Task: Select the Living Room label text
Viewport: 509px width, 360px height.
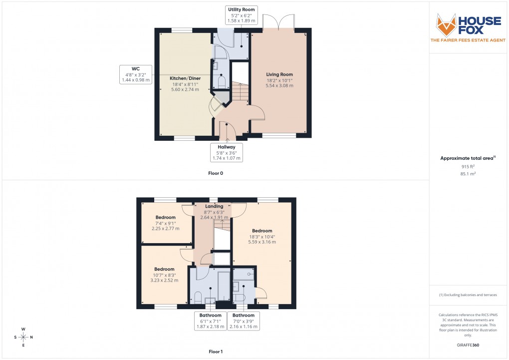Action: coord(279,74)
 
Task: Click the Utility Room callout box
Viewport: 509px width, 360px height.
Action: coord(242,15)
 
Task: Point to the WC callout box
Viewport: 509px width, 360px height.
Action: coord(136,74)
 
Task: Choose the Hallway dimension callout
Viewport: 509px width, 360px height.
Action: coord(226,152)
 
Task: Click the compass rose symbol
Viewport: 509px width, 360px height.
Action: coord(23,337)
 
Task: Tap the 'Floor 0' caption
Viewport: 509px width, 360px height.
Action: coord(216,173)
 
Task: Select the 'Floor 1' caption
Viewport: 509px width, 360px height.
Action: coord(216,352)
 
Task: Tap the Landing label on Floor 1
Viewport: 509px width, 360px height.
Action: coord(214,206)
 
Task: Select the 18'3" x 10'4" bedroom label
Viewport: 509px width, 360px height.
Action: coord(262,236)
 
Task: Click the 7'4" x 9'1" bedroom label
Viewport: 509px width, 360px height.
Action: coord(165,223)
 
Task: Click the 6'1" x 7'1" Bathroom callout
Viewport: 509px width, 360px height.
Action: coord(210,321)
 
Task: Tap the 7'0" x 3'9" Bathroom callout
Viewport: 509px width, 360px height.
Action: coord(243,321)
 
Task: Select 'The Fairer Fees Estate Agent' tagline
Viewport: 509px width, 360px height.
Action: coord(468,40)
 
